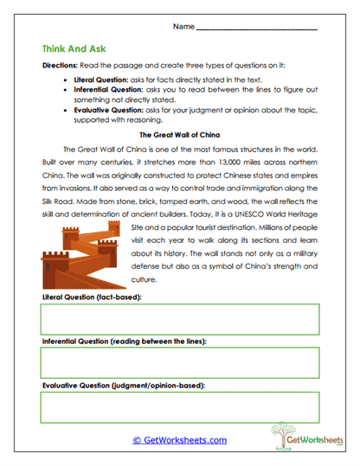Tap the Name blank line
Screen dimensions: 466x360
[256, 29]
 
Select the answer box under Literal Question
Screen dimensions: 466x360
[179, 319]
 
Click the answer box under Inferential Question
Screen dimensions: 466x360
[179, 362]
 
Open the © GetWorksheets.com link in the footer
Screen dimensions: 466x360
[179, 440]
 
